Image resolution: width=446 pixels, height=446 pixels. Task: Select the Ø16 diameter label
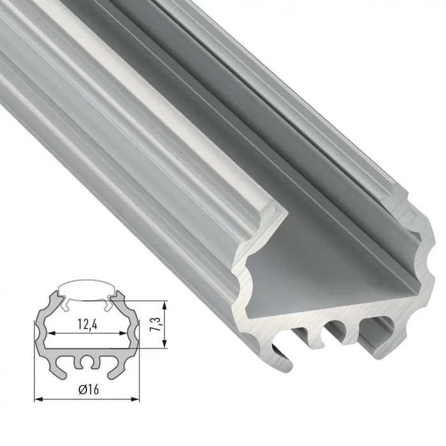[86, 390]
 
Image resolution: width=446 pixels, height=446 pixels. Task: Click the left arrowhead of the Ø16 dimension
[37, 399]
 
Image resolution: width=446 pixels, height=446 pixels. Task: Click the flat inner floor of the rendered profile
[331, 268]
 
